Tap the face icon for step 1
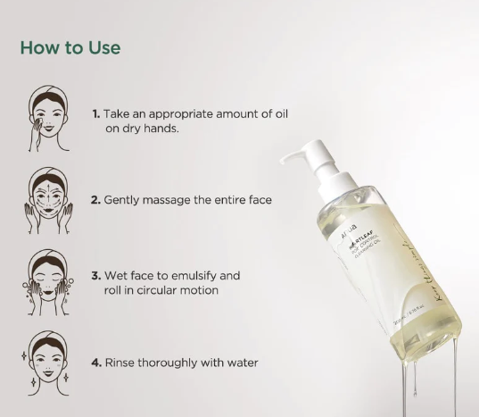tap(48, 120)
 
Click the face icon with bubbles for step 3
tap(48, 281)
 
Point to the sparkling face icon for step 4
tap(48, 362)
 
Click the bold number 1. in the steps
tap(95, 114)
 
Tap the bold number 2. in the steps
tap(95, 200)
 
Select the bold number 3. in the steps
tap(95, 276)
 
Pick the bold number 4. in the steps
tap(95, 363)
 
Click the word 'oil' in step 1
tap(279, 114)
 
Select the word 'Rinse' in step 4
tap(121, 363)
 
